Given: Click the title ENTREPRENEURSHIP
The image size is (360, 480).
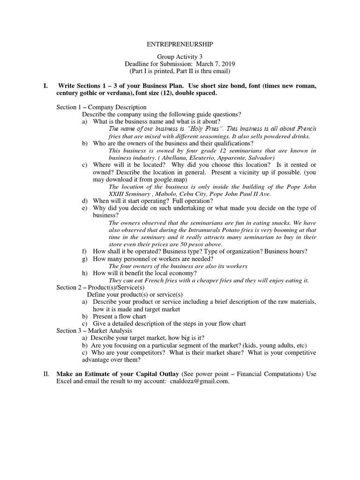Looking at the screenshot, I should click(180, 44).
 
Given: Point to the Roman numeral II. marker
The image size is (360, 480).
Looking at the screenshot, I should click(46, 374).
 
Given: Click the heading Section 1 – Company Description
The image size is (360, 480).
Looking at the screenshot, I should click(102, 107).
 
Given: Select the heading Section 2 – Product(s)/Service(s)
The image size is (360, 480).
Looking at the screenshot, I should click(101, 287).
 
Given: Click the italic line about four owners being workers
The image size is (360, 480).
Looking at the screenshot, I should click(178, 266).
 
